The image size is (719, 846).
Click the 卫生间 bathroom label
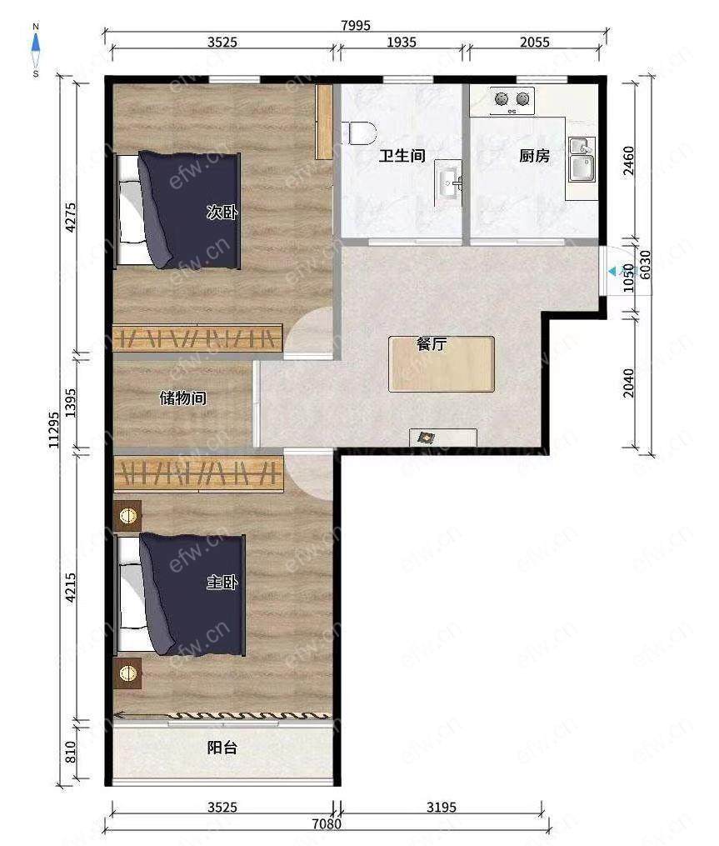pyautogui.click(x=402, y=156)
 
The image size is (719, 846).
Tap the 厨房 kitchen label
pyautogui.click(x=535, y=156)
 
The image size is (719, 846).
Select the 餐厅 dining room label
pyautogui.click(x=432, y=343)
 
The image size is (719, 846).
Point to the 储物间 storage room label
pyautogui.click(x=182, y=398)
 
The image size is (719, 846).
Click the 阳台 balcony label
pyautogui.click(x=222, y=748)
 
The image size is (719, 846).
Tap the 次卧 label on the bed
pyautogui.click(x=222, y=212)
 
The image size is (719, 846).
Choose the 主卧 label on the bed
pyautogui.click(x=222, y=582)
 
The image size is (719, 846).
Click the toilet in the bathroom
pyautogui.click(x=362, y=133)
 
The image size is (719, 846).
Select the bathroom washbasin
pyautogui.click(x=448, y=183)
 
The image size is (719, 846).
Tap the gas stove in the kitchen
pyautogui.click(x=512, y=101)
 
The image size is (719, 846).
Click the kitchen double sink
pyautogui.click(x=581, y=159)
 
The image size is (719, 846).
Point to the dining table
pyautogui.click(x=442, y=364)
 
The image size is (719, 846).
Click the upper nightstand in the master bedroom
pyautogui.click(x=127, y=516)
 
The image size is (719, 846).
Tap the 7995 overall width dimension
pyautogui.click(x=356, y=25)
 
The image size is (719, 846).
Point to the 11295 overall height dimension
pyautogui.click(x=53, y=430)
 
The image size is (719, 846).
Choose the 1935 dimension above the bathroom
pyautogui.click(x=402, y=42)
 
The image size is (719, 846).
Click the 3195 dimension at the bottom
pyautogui.click(x=442, y=807)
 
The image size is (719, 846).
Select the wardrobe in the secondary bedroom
pyautogui.click(x=197, y=338)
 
